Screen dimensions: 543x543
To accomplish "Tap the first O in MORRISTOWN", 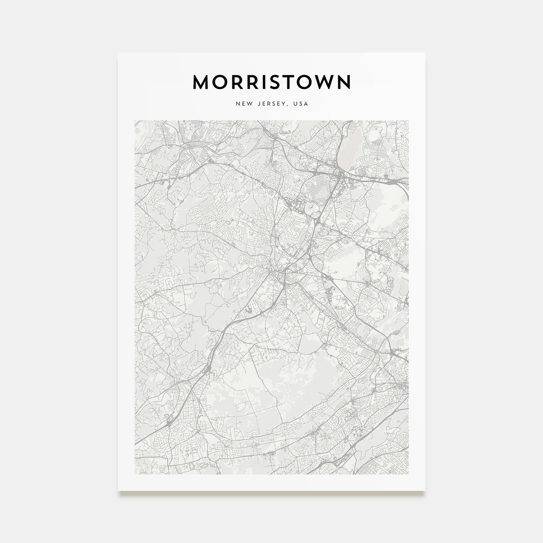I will click(x=221, y=82).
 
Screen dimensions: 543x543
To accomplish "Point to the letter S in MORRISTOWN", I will click(x=275, y=82).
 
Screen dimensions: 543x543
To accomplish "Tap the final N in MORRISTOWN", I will click(x=344, y=82).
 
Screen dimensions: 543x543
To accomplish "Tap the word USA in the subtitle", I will click(x=301, y=104).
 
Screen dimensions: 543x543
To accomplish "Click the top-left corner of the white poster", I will click(x=118, y=53).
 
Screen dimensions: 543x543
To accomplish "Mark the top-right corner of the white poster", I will click(x=425, y=53).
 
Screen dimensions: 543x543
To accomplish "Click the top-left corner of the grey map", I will click(x=135, y=121).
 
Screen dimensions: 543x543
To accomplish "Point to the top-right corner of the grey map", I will click(x=409, y=121).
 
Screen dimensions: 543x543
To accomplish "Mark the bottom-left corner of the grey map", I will click(x=135, y=474).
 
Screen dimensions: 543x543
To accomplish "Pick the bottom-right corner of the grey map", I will click(x=409, y=474).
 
